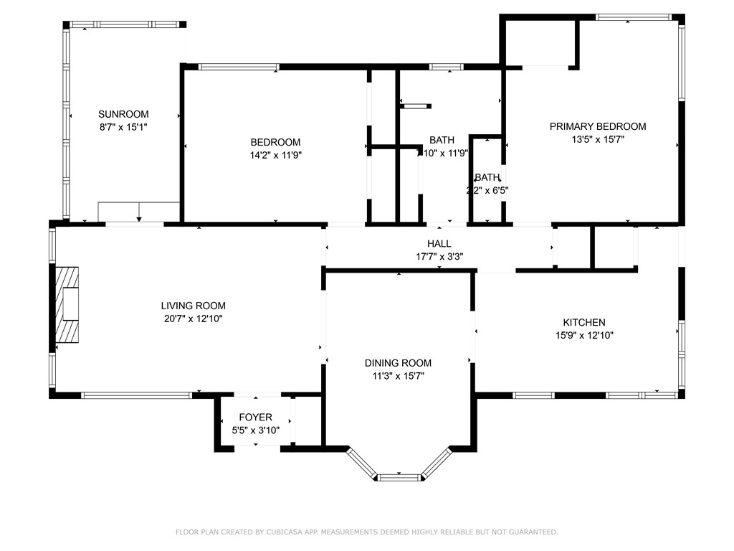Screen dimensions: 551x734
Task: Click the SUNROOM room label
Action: (123, 114)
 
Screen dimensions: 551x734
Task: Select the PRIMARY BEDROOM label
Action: (597, 126)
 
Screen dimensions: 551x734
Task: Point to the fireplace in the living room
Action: (67, 305)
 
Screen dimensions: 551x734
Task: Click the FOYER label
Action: (255, 417)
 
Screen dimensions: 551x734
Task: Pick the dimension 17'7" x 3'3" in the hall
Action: (439, 256)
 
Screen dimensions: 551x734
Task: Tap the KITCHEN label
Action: (583, 323)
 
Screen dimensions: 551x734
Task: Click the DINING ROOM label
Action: (401, 363)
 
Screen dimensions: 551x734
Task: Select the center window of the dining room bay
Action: (399, 476)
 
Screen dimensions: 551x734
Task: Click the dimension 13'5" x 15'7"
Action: (597, 140)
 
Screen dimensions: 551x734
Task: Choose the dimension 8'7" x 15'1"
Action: (123, 127)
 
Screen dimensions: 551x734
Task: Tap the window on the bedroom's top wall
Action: (239, 67)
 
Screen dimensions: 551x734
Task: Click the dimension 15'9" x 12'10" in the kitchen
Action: (583, 335)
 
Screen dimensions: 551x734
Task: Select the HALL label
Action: (439, 244)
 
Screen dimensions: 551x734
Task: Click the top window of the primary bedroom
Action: (633, 17)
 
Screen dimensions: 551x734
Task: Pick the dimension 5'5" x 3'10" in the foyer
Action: (255, 430)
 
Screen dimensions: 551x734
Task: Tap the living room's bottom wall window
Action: (136, 395)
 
